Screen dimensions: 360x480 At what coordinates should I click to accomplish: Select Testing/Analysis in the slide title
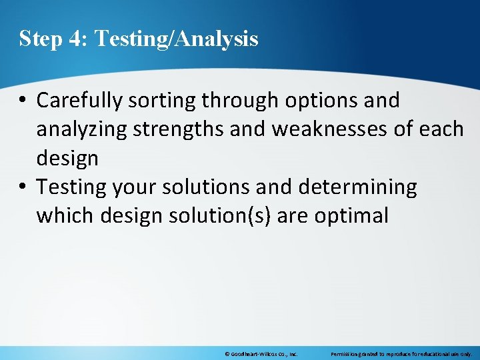pos(177,39)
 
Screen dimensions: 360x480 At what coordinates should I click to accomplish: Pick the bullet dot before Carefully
pos(23,101)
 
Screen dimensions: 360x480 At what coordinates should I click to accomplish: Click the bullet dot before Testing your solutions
pos(23,188)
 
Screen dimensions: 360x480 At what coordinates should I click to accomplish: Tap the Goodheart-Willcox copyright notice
pos(261,354)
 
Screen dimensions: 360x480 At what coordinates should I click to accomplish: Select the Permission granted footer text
pos(401,354)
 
